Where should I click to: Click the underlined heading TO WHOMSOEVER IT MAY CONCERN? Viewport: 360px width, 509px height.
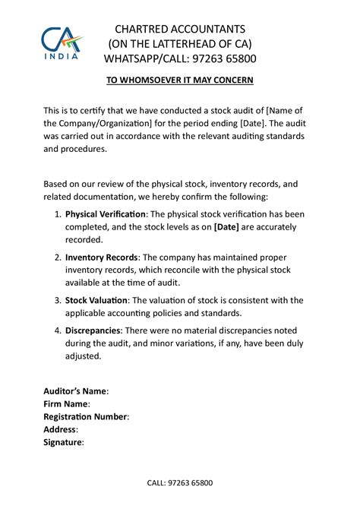click(179, 80)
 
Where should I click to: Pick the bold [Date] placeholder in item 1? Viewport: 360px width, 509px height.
click(229, 226)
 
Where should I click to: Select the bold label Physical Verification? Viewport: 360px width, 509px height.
click(106, 214)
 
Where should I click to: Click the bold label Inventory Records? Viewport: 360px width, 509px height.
click(101, 257)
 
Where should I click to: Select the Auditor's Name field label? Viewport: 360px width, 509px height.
click(75, 391)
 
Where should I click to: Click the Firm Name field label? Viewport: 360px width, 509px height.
click(66, 404)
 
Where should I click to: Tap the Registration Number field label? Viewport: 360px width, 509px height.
click(85, 416)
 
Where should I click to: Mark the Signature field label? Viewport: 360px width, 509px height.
click(62, 441)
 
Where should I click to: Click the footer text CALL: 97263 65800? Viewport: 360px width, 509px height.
click(179, 482)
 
